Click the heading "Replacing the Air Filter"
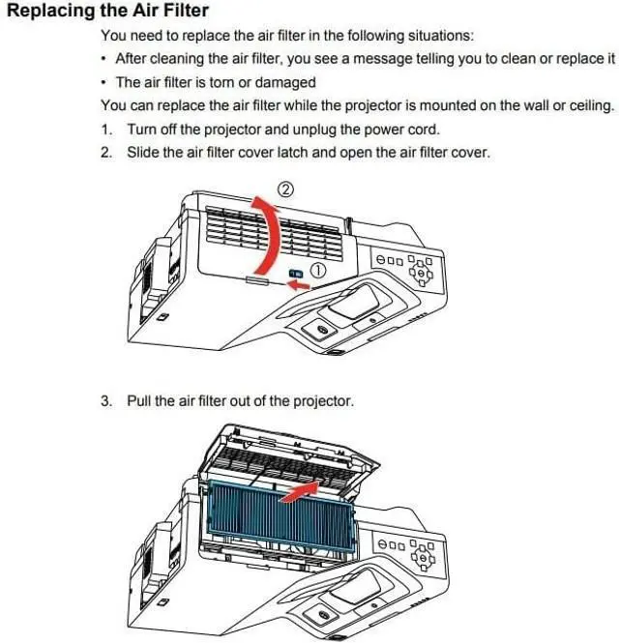[x=107, y=12]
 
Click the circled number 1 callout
[x=317, y=273]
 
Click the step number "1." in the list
[x=107, y=129]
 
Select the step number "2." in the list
[x=107, y=152]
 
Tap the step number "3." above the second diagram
[x=107, y=399]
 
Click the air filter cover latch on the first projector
[x=295, y=275]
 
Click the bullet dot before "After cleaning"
[x=104, y=59]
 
